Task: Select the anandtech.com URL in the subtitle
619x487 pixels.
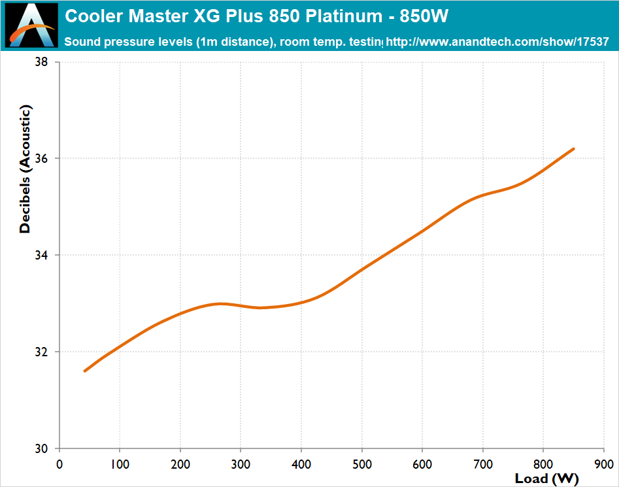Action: pyautogui.click(x=497, y=42)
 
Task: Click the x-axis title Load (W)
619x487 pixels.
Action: pyautogui.click(x=546, y=479)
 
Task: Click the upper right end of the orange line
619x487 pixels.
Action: pyautogui.click(x=573, y=149)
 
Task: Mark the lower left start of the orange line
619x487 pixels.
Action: pyautogui.click(x=85, y=371)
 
